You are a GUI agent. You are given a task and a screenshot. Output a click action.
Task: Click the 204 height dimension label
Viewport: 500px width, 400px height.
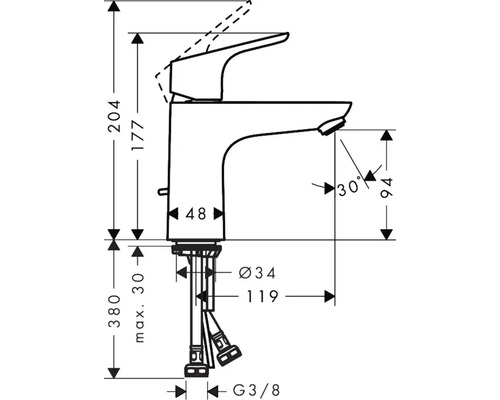tap(114, 116)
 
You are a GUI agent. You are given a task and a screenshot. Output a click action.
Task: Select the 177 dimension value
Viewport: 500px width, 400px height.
tap(138, 135)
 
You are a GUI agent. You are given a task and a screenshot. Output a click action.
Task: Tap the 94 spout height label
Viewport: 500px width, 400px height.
tap(387, 189)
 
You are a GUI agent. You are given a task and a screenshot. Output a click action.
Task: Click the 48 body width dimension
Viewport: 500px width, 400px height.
tap(196, 214)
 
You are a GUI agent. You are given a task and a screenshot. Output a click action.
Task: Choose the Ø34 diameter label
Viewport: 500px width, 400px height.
tap(258, 273)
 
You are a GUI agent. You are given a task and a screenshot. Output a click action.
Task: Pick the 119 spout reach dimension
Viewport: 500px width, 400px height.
tap(262, 296)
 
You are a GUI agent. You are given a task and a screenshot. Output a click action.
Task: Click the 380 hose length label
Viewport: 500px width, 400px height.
tap(114, 311)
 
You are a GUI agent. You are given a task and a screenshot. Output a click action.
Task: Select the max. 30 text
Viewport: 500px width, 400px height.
tap(139, 308)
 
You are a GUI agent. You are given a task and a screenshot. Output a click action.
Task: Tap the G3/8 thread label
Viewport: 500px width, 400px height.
tap(256, 390)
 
